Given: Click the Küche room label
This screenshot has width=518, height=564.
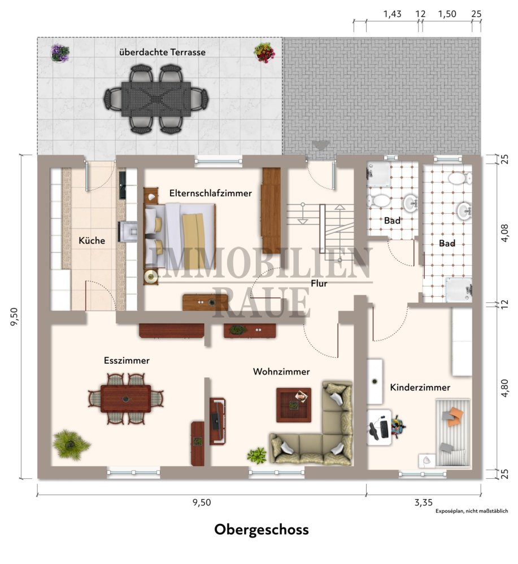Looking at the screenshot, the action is [92, 241].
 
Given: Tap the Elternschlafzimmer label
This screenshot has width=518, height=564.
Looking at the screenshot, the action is [210, 193].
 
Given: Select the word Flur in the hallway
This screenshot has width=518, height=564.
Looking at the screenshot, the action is [319, 284].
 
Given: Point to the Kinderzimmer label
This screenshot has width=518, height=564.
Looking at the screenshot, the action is [420, 387].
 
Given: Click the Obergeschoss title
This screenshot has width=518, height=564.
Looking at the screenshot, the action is [262, 530].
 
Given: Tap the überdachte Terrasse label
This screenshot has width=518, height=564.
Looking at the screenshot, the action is [163, 52].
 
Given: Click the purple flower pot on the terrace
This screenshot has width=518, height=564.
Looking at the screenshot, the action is [60, 53].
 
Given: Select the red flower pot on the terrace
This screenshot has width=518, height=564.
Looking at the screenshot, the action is [264, 52].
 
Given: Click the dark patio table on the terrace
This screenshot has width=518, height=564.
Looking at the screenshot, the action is [156, 99].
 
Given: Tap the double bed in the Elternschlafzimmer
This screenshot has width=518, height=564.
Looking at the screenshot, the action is [180, 236].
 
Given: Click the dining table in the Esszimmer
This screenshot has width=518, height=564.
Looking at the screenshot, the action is [126, 399].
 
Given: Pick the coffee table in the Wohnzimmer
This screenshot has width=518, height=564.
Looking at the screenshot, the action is [294, 405].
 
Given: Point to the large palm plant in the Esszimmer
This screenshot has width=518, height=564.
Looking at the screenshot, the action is [71, 444].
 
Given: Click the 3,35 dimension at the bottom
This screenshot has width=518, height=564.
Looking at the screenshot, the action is [423, 502].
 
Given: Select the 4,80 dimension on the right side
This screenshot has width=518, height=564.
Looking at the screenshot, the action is [504, 388].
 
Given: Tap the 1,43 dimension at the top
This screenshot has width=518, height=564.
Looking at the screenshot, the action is [392, 14].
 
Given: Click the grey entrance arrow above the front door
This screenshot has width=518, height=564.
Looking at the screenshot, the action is [321, 146].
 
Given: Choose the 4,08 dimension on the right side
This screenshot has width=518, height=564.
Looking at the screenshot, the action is [504, 233].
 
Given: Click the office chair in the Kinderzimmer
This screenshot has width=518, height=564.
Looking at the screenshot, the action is [397, 426].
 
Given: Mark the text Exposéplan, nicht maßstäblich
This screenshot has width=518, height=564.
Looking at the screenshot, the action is [472, 511].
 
